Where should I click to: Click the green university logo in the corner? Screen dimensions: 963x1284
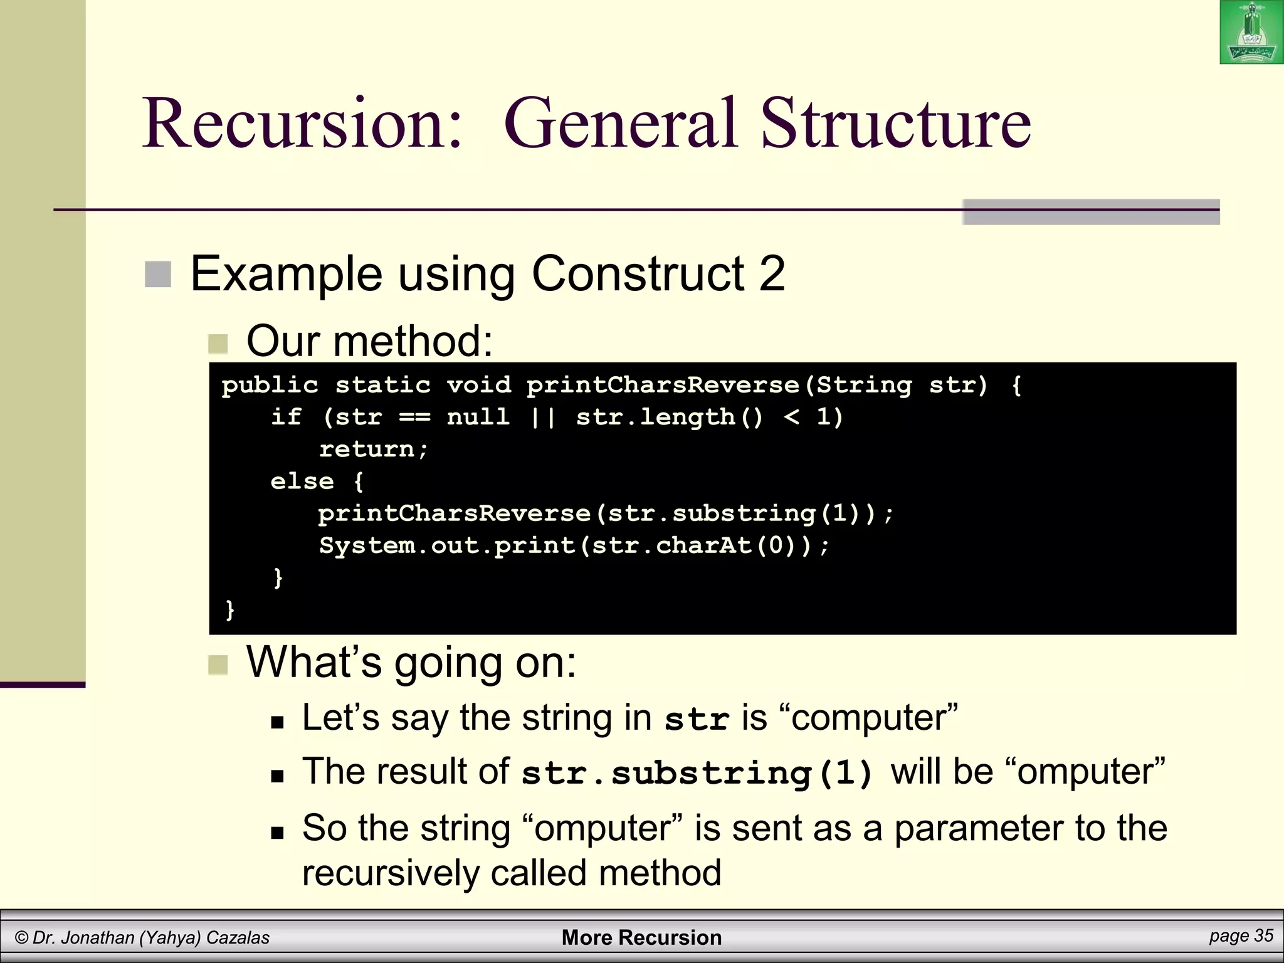point(1251,32)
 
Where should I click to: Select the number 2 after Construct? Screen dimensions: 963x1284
point(772,273)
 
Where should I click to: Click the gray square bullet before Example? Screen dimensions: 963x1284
point(158,275)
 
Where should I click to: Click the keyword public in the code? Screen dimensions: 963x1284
point(270,385)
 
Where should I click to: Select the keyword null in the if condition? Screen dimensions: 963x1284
point(478,417)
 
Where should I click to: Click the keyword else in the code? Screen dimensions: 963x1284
point(302,481)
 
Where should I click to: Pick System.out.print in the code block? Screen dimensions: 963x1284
point(447,545)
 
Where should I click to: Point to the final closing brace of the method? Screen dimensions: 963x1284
point(230,609)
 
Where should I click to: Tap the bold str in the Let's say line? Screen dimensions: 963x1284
point(697,718)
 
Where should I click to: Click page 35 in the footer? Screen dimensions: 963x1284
point(1241,936)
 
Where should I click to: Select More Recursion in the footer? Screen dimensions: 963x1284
point(641,937)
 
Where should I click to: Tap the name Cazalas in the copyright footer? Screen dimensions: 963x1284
point(238,938)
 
